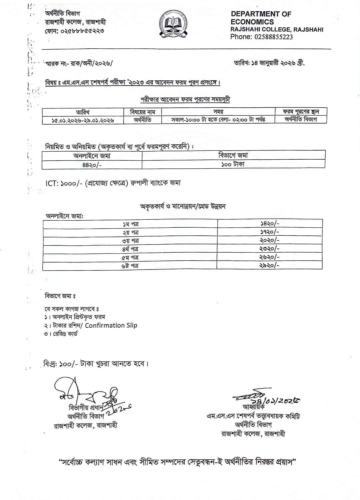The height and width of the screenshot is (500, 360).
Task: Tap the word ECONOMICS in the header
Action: (252, 22)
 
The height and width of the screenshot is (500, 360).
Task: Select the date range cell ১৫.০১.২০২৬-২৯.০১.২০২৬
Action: (83, 120)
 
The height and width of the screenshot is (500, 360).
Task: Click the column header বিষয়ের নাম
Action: (142, 112)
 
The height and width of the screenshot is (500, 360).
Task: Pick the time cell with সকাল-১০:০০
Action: (218, 120)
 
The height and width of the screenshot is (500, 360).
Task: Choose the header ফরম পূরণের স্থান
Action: (300, 112)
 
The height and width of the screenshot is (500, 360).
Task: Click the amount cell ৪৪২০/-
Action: (92, 165)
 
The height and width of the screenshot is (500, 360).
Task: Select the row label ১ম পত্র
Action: (130, 224)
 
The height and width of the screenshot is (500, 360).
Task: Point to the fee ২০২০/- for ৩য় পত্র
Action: (269, 240)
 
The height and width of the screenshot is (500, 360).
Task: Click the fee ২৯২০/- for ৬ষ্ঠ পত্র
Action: (269, 265)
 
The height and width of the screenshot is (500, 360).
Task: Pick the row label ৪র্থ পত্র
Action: (130, 249)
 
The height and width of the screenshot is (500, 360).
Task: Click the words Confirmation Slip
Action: (111, 325)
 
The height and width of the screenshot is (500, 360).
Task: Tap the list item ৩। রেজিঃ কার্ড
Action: (61, 334)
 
